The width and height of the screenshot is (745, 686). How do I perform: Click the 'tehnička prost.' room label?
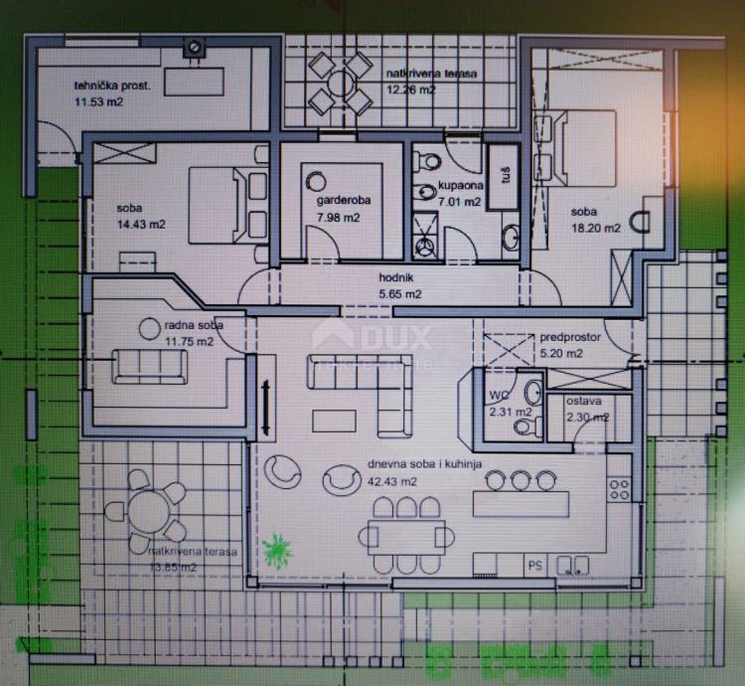point(112,86)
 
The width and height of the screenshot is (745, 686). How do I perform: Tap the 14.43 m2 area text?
point(140,225)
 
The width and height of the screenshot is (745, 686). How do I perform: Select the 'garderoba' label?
point(343,202)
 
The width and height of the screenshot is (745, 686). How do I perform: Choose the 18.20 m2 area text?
point(595,228)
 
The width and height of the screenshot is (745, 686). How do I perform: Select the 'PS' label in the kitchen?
point(534,566)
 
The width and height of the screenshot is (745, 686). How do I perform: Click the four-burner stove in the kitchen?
point(620,487)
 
